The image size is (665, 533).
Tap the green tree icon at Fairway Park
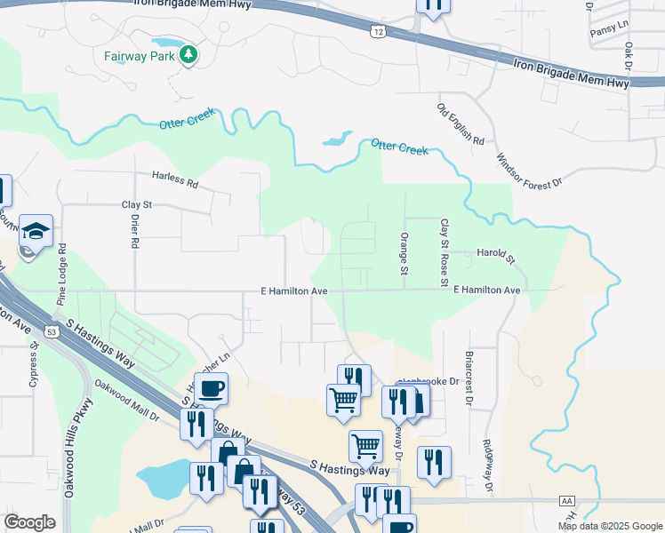pyautogui.click(x=188, y=55)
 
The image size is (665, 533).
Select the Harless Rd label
pyautogui.click(x=174, y=179)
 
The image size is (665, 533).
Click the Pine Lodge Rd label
pyautogui.click(x=62, y=282)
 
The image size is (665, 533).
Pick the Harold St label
pyautogui.click(x=497, y=257)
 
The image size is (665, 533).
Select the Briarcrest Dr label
pyautogui.click(x=467, y=380)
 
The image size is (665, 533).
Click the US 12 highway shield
pyautogui.click(x=379, y=32)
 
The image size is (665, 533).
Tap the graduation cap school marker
pyautogui.click(x=36, y=232)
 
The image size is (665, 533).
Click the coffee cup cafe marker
pyautogui.click(x=211, y=388)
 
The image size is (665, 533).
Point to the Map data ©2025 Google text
pyautogui.click(x=609, y=526)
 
